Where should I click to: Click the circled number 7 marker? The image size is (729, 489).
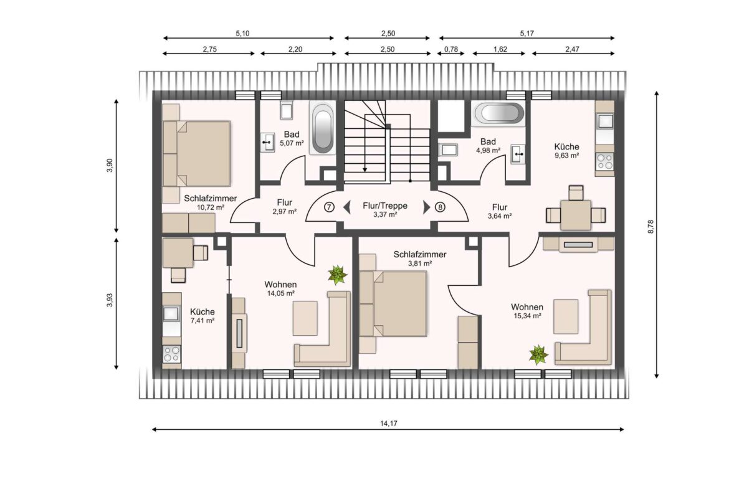point(329,207)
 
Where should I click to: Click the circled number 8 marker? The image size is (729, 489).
point(440,207)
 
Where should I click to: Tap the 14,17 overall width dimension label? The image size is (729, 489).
point(389,424)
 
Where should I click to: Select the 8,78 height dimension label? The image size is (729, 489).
point(651,226)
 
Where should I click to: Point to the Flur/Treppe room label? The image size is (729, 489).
point(385,206)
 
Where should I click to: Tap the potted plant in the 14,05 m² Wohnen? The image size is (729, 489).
point(337,275)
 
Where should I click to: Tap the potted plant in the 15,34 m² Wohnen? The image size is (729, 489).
point(538,354)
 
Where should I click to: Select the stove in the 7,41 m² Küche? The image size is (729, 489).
point(171,354)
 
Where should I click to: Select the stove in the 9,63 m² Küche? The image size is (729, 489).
point(605,162)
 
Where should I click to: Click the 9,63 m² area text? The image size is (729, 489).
point(567,156)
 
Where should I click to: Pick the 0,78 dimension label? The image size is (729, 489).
point(451,49)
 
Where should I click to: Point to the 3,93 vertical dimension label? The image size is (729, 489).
point(110,300)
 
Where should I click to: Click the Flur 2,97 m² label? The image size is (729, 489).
point(285,207)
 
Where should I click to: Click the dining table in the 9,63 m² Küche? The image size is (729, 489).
point(576,215)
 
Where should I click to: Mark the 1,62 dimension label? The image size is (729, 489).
point(500,49)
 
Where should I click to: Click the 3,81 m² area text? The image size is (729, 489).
point(420,263)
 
